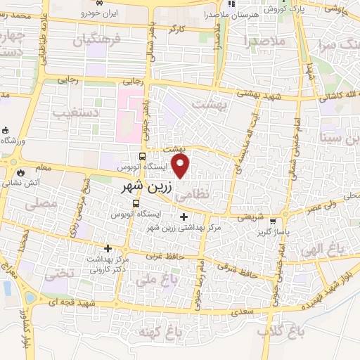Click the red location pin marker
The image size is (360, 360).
coord(181,166)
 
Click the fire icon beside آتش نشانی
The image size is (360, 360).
coord(20,171)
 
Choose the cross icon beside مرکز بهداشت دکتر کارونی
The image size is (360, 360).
coord(108,247)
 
